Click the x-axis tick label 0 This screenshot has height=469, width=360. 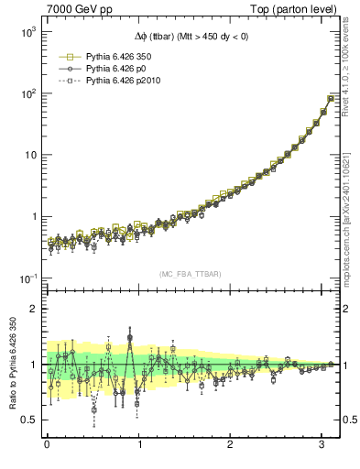click(47, 445)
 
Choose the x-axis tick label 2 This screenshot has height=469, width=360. click(231, 445)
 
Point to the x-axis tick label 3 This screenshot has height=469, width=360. click(322, 445)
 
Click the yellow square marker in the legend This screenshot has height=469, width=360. click(67, 56)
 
